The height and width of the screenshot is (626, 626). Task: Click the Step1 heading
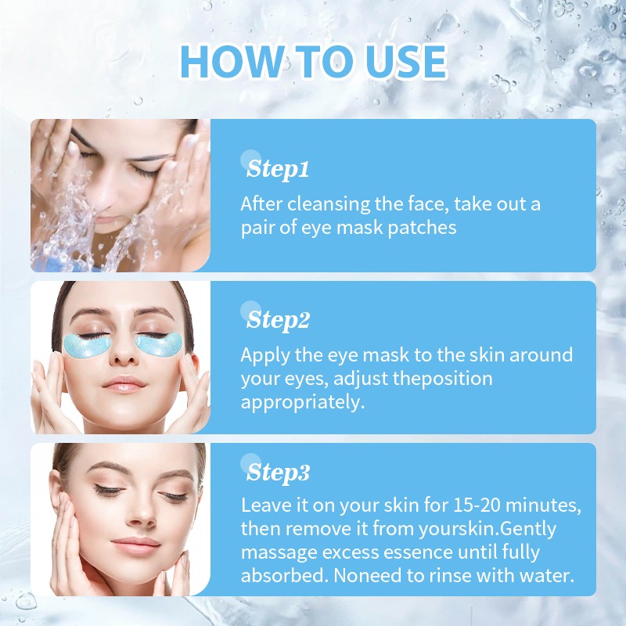point(279,168)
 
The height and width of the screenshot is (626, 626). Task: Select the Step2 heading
point(279,319)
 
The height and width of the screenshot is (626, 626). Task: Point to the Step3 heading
point(279,473)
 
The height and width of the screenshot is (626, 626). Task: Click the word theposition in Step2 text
point(444,379)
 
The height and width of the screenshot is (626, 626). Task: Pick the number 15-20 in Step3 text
point(451,505)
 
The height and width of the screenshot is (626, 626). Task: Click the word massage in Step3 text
point(280,552)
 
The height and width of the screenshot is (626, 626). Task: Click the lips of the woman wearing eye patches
point(124,384)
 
